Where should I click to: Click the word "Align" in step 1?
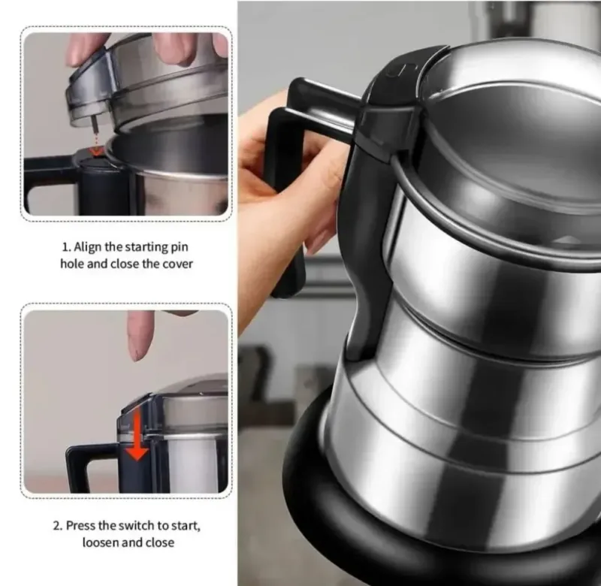click(x=88, y=247)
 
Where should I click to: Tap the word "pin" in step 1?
click(x=180, y=247)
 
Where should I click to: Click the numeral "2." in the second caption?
click(x=58, y=525)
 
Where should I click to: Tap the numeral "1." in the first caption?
click(x=67, y=247)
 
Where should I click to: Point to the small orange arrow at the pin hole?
click(x=95, y=151)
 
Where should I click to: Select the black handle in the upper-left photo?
click(x=46, y=180)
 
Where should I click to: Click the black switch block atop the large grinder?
click(x=395, y=104)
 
